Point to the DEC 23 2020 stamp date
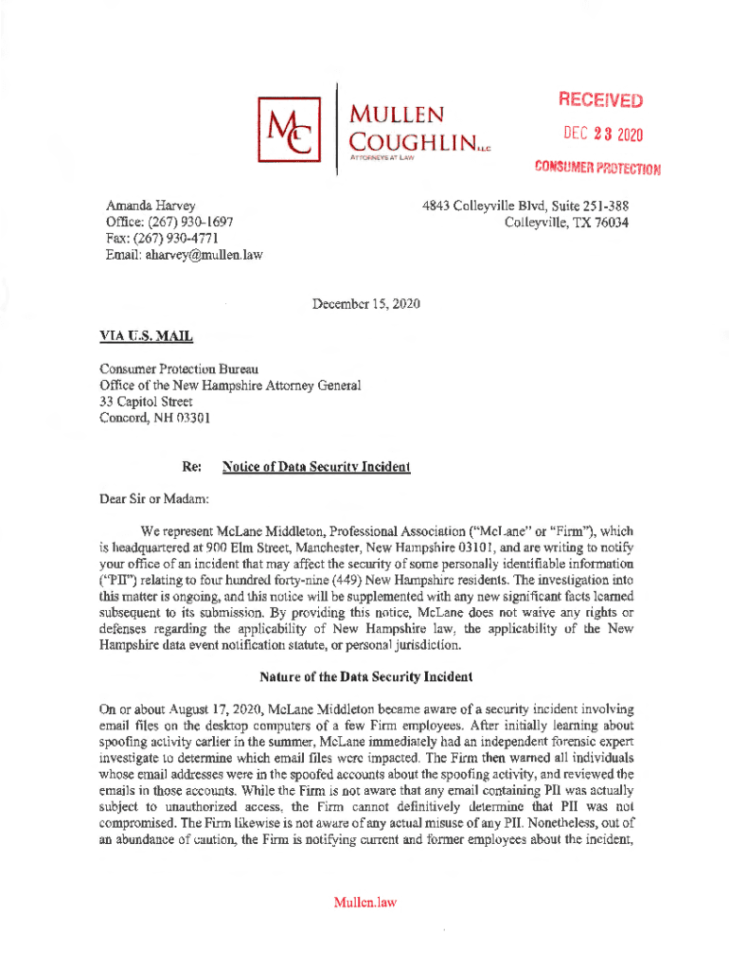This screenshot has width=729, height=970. click(602, 135)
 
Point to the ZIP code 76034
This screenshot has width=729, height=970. click(608, 222)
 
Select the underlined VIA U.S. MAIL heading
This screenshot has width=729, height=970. click(146, 335)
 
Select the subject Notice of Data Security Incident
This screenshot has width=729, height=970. click(315, 467)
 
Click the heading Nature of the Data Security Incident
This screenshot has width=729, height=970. click(364, 677)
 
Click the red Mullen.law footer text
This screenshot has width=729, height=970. click(364, 902)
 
